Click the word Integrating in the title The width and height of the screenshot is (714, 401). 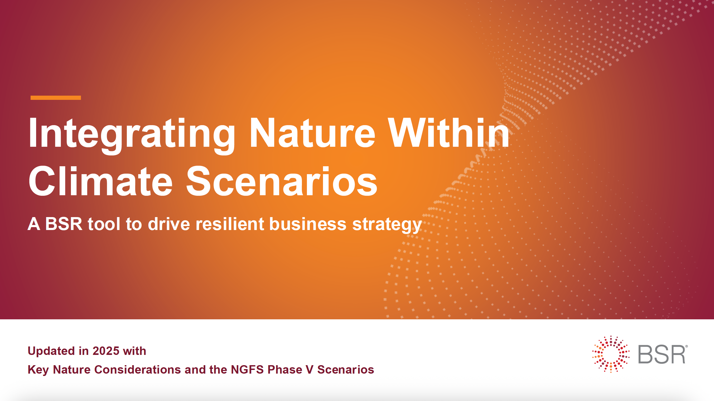[x=132, y=134]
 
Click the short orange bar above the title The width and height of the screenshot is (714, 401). [x=55, y=97]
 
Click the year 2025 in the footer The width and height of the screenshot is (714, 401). [x=106, y=351]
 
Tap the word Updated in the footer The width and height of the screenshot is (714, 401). [x=51, y=351]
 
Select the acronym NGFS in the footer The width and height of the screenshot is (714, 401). [x=247, y=370]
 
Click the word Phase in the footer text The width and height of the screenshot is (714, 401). [x=285, y=370]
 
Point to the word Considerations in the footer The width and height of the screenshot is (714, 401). [x=137, y=370]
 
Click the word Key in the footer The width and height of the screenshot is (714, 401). [x=38, y=370]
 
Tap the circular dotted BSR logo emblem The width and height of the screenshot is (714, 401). [x=611, y=354]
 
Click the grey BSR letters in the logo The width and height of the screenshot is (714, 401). [x=661, y=354]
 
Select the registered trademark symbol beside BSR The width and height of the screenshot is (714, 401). [x=686, y=346]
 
